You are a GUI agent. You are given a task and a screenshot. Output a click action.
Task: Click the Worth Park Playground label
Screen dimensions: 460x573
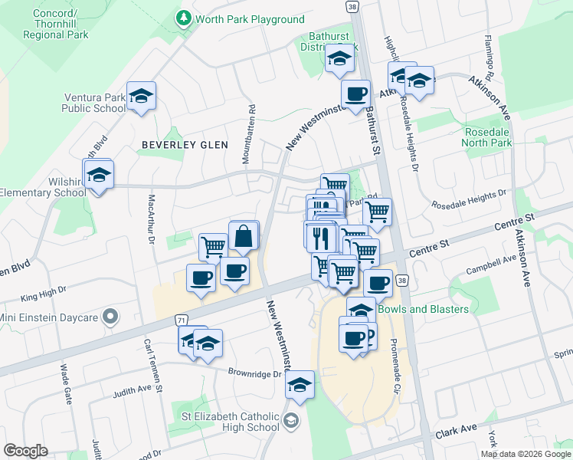pos(250,19)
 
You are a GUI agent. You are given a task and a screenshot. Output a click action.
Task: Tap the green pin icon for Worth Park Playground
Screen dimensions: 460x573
pos(184,18)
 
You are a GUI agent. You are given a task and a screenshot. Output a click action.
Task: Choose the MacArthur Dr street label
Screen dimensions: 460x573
pos(151,219)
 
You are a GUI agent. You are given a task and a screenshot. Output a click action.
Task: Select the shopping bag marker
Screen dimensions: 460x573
pos(243,238)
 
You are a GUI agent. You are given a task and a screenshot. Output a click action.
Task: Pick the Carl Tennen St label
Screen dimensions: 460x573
pos(152,368)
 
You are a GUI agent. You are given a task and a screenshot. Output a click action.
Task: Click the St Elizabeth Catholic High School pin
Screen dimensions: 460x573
pos(290,420)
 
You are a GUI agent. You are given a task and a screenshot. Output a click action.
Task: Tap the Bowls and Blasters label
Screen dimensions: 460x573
pos(424,309)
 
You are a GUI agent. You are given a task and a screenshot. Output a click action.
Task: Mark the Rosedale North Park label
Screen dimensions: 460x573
pos(488,137)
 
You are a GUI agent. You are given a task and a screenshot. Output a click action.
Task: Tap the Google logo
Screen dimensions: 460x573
pos(25,451)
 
